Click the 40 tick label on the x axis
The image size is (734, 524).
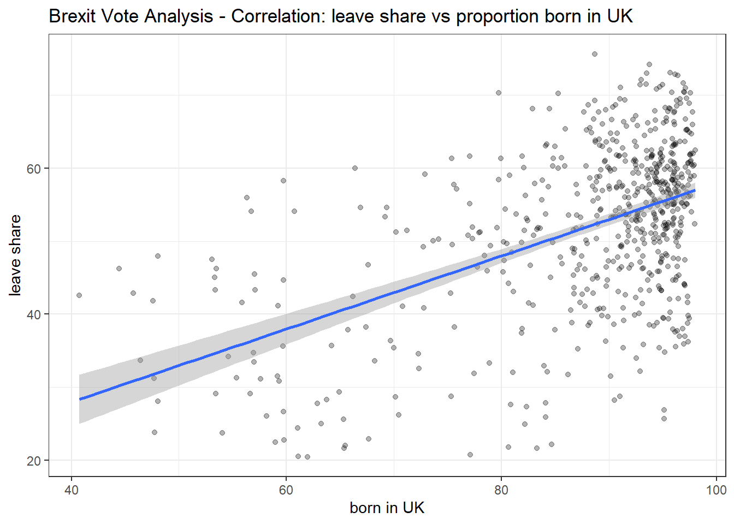click(71, 490)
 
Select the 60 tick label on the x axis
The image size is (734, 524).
click(286, 490)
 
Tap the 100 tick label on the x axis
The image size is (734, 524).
click(717, 490)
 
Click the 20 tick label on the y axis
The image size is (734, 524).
click(33, 461)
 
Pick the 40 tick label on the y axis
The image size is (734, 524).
click(33, 315)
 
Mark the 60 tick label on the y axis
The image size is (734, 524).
click(33, 169)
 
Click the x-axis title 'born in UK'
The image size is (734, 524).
click(387, 508)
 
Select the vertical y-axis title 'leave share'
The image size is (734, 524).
click(15, 255)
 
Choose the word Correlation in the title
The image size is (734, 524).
click(278, 16)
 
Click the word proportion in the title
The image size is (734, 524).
click(497, 17)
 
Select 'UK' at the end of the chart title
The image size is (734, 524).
click(620, 16)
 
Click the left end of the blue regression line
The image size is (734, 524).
click(79, 399)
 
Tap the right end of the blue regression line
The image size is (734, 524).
click(695, 190)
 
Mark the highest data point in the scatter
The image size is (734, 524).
click(595, 54)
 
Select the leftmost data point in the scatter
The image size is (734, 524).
click(79, 295)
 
